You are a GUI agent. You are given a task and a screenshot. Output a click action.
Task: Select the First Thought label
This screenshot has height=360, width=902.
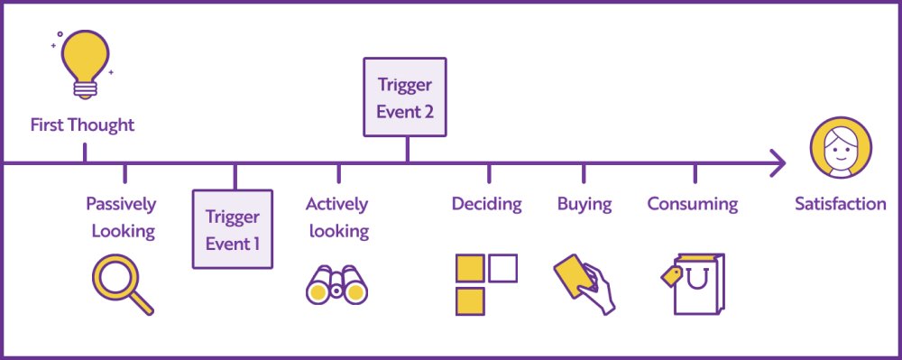(82, 125)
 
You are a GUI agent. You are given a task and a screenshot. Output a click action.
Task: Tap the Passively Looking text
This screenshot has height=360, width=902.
(121, 217)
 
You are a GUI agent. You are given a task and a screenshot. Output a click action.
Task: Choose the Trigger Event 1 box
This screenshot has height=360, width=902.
(233, 229)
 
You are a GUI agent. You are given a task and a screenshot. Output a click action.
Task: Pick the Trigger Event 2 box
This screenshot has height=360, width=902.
(406, 97)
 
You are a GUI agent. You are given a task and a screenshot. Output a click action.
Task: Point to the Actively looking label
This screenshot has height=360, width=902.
(338, 217)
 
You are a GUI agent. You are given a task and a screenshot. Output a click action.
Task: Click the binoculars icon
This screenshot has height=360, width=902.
(336, 285)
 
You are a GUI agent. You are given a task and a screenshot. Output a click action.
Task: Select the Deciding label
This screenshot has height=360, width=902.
(487, 204)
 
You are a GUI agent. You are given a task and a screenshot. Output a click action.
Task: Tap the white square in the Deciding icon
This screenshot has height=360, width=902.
(502, 269)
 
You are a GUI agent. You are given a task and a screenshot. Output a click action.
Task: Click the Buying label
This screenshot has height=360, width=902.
(584, 204)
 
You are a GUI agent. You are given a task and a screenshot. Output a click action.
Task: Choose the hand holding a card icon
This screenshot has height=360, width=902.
(584, 283)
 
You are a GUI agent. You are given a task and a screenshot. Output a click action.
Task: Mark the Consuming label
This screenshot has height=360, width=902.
(692, 204)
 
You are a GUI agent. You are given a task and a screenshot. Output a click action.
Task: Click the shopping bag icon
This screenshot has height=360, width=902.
(699, 285)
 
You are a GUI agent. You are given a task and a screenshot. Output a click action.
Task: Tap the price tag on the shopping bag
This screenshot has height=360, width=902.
(671, 276)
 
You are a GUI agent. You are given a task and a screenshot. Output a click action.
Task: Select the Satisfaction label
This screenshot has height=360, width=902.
(840, 204)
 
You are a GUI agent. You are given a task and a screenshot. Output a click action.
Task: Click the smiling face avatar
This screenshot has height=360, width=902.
(841, 149)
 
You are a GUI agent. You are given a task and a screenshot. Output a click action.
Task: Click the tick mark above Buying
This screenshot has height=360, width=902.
(584, 173)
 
